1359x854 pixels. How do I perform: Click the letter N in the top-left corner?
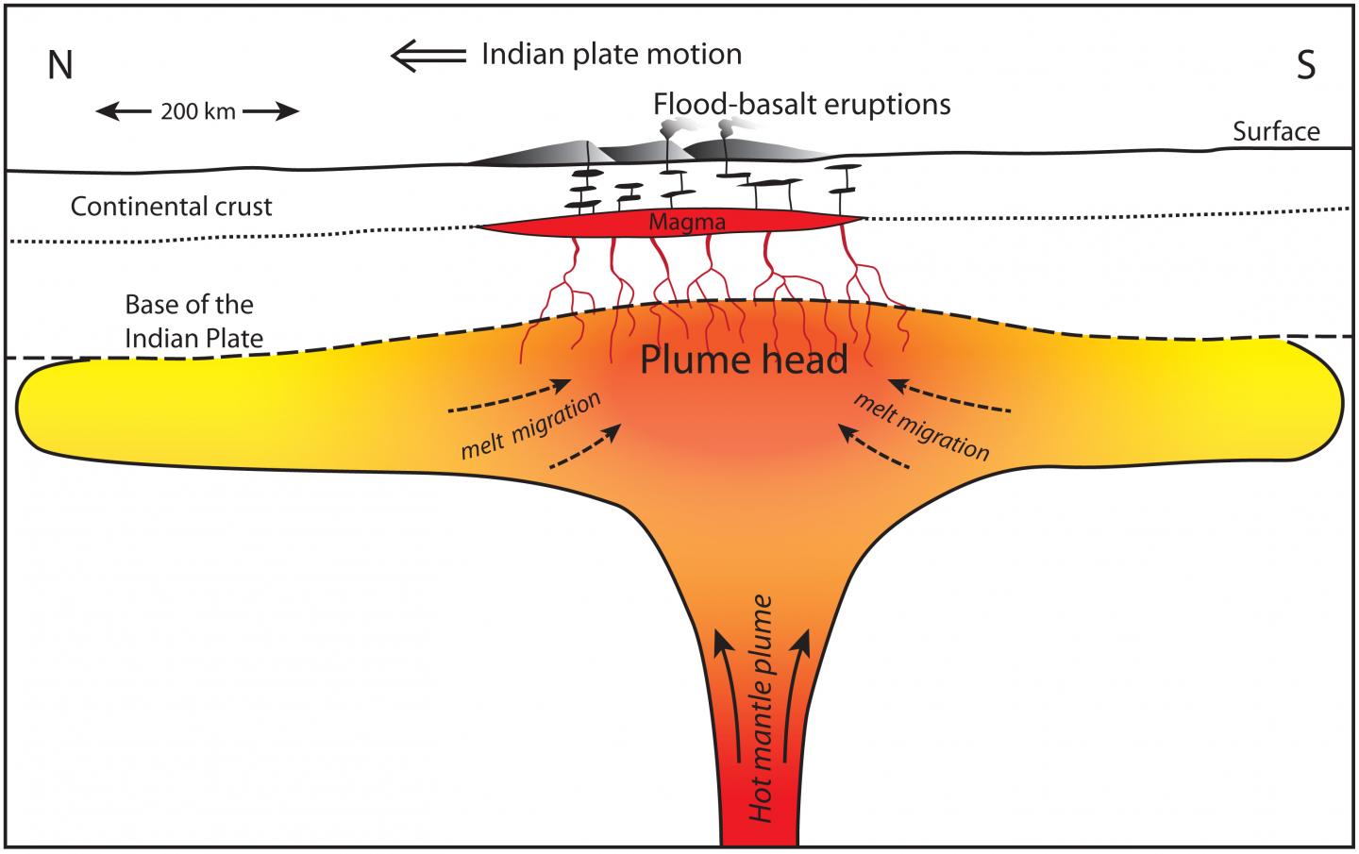[x=60, y=65]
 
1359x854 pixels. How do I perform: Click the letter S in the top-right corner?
[x=1304, y=65]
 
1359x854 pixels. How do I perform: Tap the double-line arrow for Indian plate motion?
[x=429, y=56]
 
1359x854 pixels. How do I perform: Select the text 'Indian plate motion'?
[x=612, y=55]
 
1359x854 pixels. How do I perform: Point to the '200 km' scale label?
[x=198, y=112]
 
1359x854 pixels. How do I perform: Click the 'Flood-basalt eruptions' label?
[x=801, y=104]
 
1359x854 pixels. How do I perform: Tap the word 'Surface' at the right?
[x=1276, y=131]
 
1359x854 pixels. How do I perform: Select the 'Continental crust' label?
[x=172, y=207]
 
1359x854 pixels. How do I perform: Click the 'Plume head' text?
[x=744, y=360]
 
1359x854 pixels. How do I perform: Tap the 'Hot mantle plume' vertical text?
[x=763, y=708]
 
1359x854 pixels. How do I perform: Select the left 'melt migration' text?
[x=530, y=426]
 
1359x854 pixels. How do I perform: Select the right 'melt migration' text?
[x=921, y=426]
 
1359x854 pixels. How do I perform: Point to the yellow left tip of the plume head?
[x=57, y=406]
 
